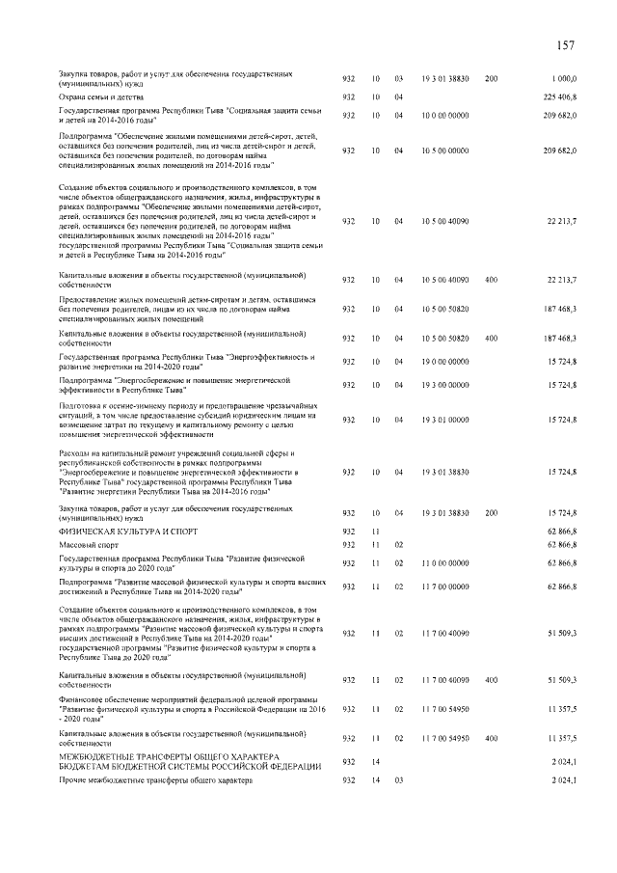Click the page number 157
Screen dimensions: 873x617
(566, 44)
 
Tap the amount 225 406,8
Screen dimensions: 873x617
(559, 97)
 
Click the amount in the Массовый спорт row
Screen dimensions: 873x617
(561, 545)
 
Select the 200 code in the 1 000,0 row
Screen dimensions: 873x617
(491, 77)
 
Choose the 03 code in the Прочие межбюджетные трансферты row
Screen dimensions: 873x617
(398, 778)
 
